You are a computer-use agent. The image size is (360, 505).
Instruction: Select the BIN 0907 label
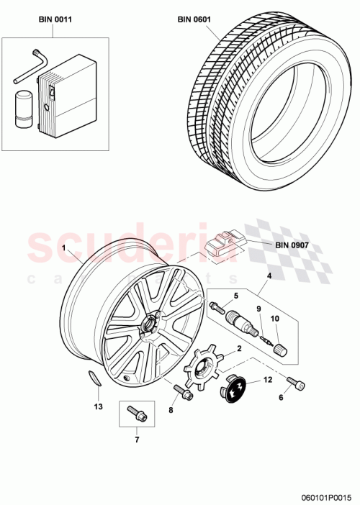pyautogui.click(x=292, y=245)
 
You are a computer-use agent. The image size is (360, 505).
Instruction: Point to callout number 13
pyautogui.click(x=98, y=406)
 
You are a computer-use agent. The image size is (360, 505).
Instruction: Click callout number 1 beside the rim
pyautogui.click(x=64, y=248)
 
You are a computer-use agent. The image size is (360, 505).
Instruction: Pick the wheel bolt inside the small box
pyautogui.click(x=135, y=414)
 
